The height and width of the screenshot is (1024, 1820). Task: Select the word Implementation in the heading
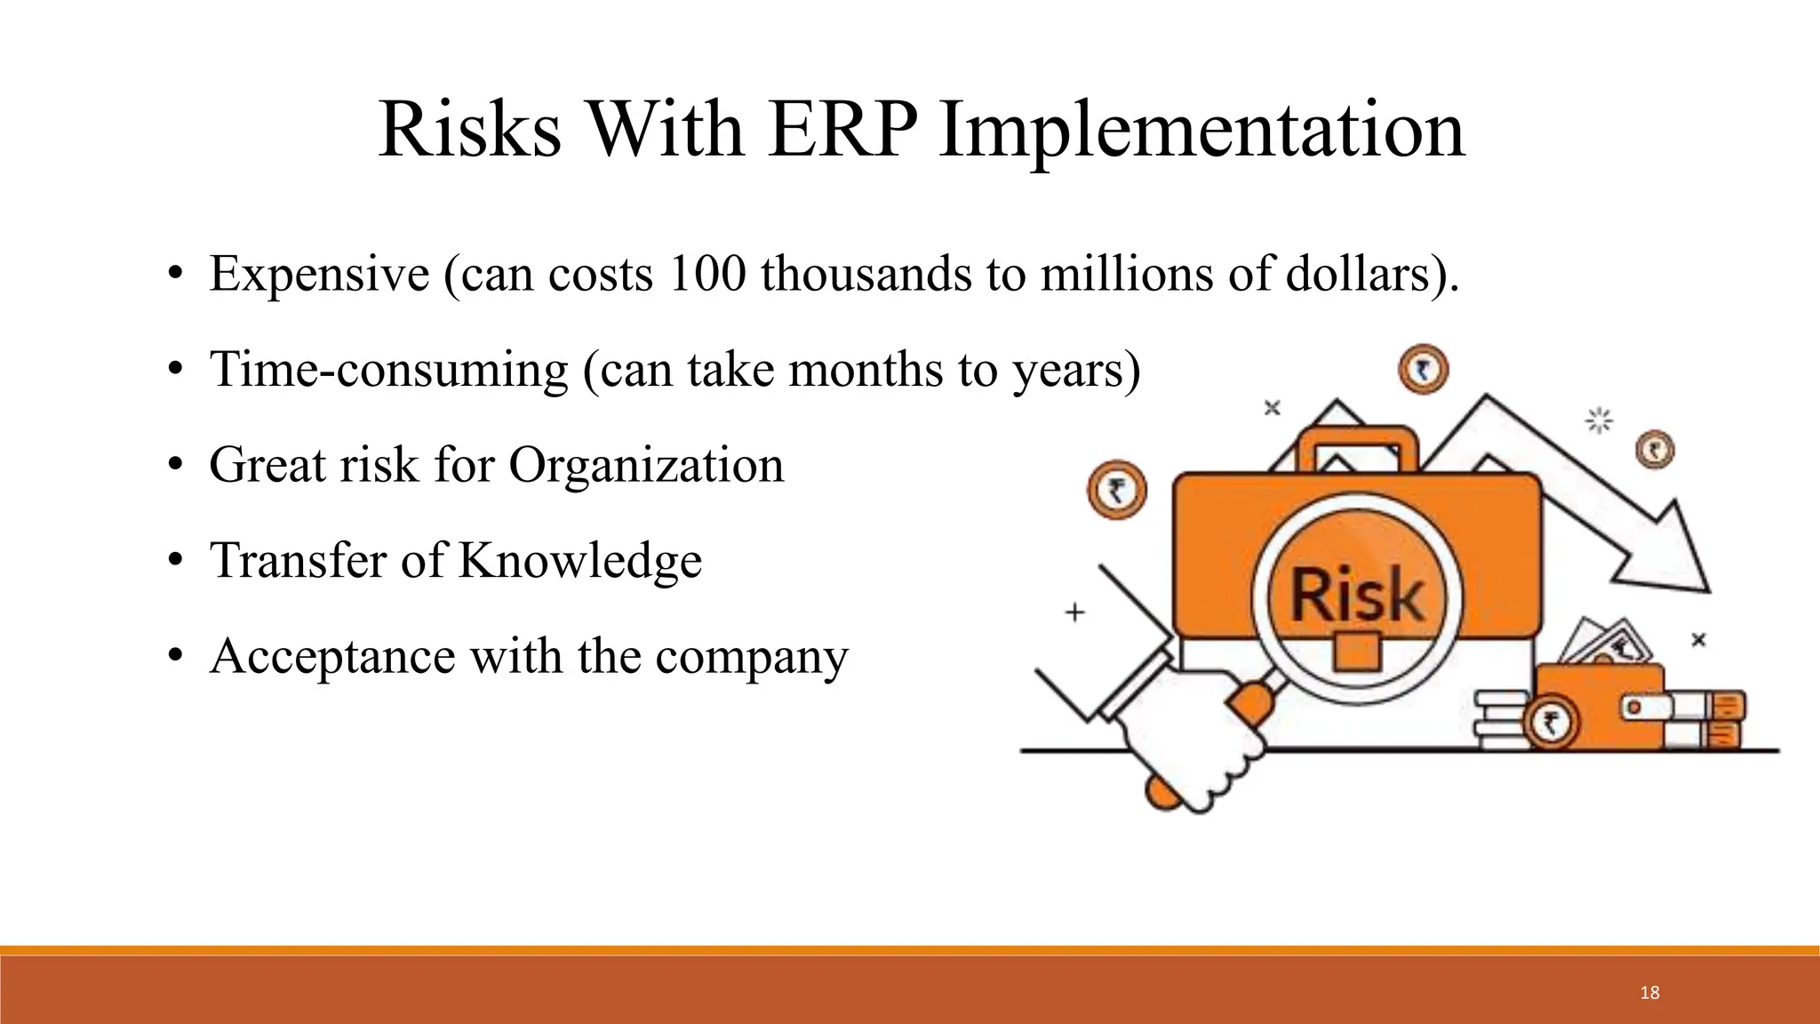[1201, 130]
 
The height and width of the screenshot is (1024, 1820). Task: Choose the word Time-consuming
[388, 369]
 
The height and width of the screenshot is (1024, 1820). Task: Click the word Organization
[646, 465]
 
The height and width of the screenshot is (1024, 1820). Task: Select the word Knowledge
[579, 561]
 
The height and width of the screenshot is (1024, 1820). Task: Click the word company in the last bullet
[752, 657]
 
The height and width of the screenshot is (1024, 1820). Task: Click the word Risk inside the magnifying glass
[1356, 595]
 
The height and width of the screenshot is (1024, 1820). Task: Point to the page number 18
[1649, 993]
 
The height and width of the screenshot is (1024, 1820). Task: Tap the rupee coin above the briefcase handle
[1424, 371]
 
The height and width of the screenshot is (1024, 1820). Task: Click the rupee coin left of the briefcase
[1117, 491]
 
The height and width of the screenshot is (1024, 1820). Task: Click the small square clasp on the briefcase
[1357, 652]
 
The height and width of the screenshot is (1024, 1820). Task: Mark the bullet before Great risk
[176, 466]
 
